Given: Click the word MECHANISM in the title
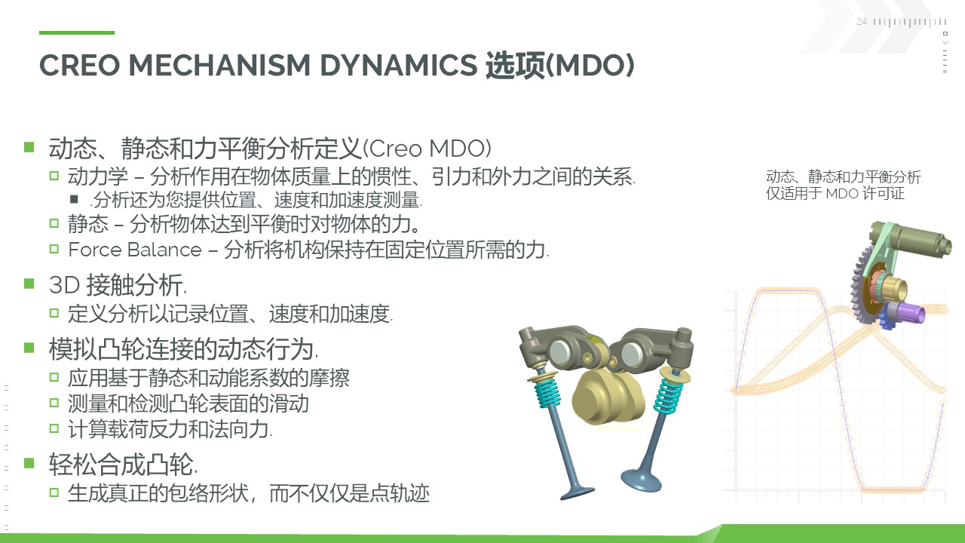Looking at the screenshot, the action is (x=219, y=66).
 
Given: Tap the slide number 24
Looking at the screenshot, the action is (x=861, y=22).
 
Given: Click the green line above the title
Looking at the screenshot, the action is (x=77, y=32).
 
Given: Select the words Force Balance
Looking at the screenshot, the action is (x=135, y=250).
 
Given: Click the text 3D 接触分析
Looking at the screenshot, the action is (x=118, y=285).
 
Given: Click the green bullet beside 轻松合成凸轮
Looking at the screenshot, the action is (x=29, y=463).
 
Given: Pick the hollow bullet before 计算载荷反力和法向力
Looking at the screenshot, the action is (x=54, y=428).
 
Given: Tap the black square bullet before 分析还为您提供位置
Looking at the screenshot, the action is (x=74, y=199).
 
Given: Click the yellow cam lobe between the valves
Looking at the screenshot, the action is (x=608, y=399).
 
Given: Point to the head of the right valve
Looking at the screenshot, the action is (x=641, y=480).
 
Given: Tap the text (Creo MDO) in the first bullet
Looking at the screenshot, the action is (x=427, y=149).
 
